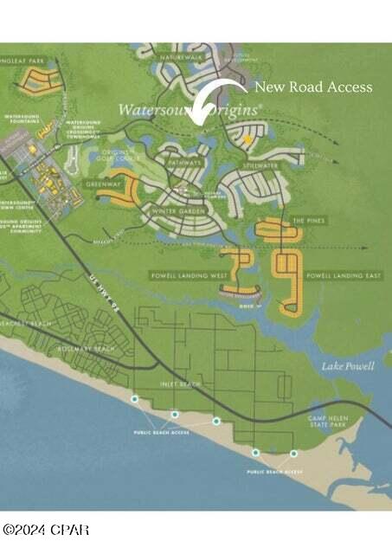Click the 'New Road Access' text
(312, 87)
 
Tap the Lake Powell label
(348, 366)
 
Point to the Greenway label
(101, 184)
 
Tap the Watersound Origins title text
(190, 111)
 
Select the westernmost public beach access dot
(134, 399)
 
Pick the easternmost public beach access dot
(293, 453)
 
